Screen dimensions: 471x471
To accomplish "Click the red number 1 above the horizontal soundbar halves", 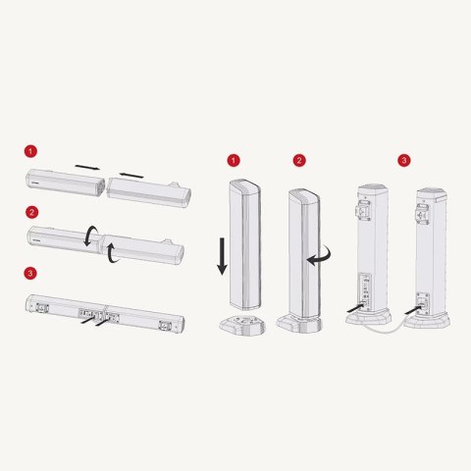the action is [x=30, y=151].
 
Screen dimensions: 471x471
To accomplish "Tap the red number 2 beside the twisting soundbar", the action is [x=31, y=212].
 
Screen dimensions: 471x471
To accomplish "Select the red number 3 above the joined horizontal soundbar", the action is [x=30, y=273].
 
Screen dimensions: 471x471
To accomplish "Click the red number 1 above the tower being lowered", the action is [x=234, y=160].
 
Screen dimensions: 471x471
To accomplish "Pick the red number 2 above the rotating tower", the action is [x=299, y=160].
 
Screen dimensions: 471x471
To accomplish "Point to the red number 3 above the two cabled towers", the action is [x=404, y=160].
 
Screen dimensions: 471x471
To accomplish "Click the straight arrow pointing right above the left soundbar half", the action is [x=87, y=168].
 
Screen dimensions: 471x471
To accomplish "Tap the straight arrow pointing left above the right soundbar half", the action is [x=131, y=176].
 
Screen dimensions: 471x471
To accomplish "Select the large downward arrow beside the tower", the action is [x=223, y=256].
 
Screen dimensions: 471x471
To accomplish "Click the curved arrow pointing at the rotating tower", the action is [x=322, y=258].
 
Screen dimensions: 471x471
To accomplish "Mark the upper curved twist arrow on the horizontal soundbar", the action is [x=89, y=236].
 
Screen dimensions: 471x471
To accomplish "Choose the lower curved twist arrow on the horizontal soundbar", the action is [x=112, y=253].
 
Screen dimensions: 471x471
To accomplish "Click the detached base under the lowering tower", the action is [x=242, y=326].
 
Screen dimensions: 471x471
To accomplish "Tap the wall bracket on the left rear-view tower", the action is [x=363, y=211].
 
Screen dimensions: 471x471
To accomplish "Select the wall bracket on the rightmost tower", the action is [x=422, y=213].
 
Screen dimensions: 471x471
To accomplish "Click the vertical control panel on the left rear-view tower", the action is [x=365, y=291].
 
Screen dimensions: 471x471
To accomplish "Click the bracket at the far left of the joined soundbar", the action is [x=42, y=307].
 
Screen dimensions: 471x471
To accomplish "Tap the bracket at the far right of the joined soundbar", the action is [x=165, y=325].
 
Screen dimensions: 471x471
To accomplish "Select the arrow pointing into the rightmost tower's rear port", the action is [x=414, y=309].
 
